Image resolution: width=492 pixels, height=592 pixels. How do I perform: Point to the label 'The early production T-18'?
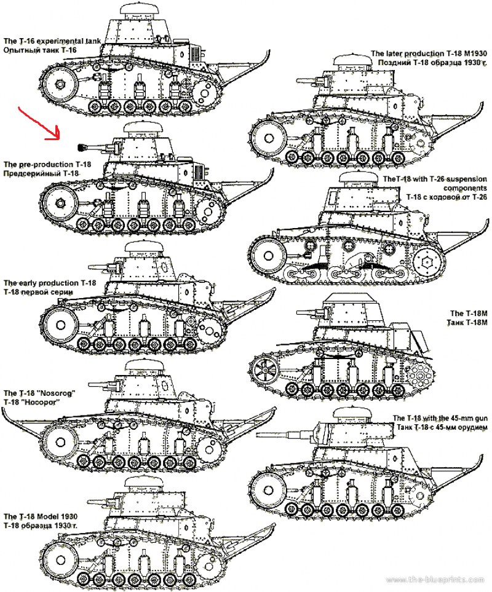tap(50, 282)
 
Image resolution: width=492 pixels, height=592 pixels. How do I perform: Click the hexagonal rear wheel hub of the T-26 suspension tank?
tap(426, 262)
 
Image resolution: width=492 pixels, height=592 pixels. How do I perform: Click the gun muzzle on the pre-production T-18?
tap(81, 146)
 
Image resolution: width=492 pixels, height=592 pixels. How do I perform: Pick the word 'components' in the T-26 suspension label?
tap(462, 187)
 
